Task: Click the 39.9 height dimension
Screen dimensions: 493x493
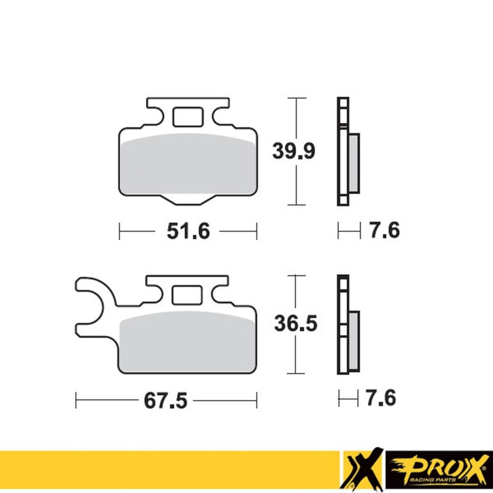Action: point(296,150)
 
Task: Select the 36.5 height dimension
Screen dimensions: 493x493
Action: point(296,323)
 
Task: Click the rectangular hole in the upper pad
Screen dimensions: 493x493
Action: point(187,116)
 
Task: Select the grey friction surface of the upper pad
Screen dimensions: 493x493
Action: point(188,163)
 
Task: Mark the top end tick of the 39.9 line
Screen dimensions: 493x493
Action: point(297,97)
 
